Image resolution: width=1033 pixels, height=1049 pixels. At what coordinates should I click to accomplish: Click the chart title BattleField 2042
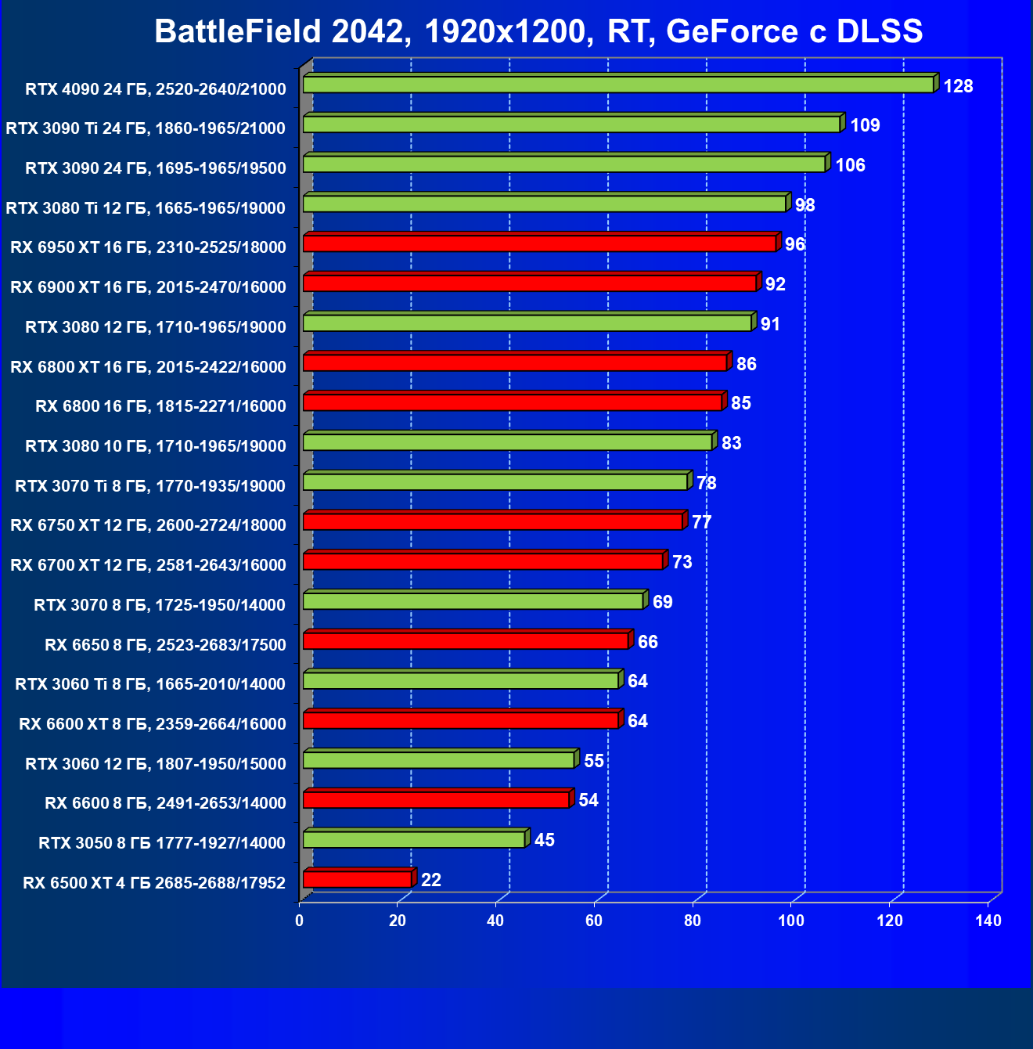click(x=538, y=31)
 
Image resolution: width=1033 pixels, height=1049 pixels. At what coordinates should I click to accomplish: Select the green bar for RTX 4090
click(x=618, y=85)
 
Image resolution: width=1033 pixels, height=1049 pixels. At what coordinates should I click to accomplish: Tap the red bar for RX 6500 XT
click(x=357, y=879)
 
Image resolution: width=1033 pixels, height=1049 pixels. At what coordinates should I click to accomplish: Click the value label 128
click(x=958, y=86)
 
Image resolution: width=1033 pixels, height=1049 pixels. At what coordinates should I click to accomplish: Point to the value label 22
click(x=431, y=880)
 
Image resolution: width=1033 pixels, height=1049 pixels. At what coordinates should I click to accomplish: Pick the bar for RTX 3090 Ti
click(x=571, y=124)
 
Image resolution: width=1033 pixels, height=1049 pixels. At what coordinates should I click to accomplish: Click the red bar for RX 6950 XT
click(x=539, y=243)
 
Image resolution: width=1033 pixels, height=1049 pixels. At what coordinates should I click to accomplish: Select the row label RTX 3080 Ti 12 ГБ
click(x=146, y=207)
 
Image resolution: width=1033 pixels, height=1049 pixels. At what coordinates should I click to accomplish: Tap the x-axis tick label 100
click(x=791, y=921)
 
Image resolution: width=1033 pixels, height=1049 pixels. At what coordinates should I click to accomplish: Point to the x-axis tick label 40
click(x=495, y=921)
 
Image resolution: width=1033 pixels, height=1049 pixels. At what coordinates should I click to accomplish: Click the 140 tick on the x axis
click(x=988, y=921)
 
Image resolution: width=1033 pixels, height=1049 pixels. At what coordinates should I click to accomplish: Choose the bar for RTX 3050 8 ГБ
click(x=413, y=839)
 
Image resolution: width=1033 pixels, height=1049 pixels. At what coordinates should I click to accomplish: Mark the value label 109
click(x=865, y=125)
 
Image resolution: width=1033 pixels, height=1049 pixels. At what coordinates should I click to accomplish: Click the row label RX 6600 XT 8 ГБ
click(x=153, y=723)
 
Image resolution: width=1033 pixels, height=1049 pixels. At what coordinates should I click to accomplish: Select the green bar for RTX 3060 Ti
click(x=461, y=680)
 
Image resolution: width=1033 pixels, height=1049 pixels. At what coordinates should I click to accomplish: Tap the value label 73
click(x=682, y=562)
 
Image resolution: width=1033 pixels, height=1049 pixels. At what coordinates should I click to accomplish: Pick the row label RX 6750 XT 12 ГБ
click(x=149, y=524)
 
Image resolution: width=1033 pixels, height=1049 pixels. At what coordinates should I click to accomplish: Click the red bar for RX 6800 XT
click(x=515, y=362)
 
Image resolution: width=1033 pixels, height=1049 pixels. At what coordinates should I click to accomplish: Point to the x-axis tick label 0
click(x=300, y=921)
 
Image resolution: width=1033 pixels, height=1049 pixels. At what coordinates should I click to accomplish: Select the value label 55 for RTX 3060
click(x=593, y=761)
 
